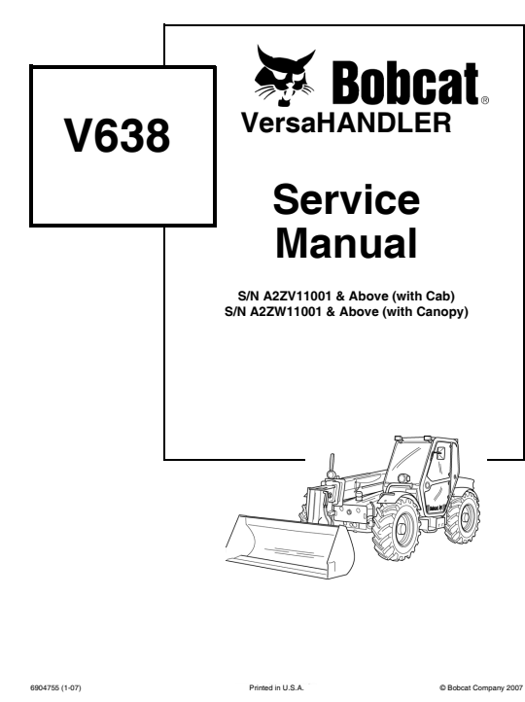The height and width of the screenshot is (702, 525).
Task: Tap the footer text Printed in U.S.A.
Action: point(277,684)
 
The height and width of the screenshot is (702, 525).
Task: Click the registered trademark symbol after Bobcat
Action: point(486,100)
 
